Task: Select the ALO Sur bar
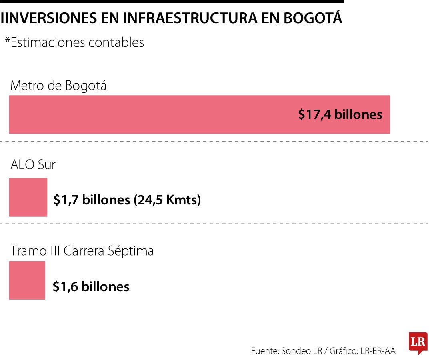click(28, 197)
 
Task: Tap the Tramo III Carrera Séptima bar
click(27, 280)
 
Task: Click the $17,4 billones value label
click(340, 115)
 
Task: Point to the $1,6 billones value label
click(91, 286)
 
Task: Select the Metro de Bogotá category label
click(58, 86)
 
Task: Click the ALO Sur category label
click(33, 164)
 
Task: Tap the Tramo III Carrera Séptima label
click(82, 251)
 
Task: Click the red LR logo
click(418, 342)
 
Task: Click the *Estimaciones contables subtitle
click(74, 42)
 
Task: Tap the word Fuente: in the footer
click(265, 351)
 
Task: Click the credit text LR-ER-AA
click(378, 351)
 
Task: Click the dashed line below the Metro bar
click(216, 142)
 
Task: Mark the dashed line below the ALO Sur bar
click(216, 224)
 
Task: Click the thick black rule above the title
click(172, 2)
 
